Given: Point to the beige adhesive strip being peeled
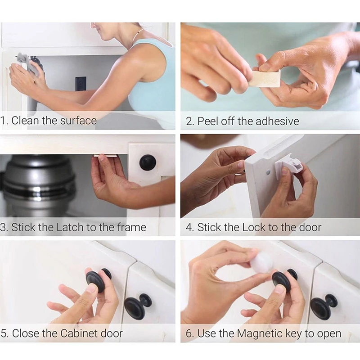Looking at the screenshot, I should [265, 78].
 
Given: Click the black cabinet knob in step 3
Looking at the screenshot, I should [148, 162].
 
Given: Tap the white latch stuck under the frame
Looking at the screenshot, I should [105, 156].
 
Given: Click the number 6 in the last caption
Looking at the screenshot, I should [189, 334].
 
